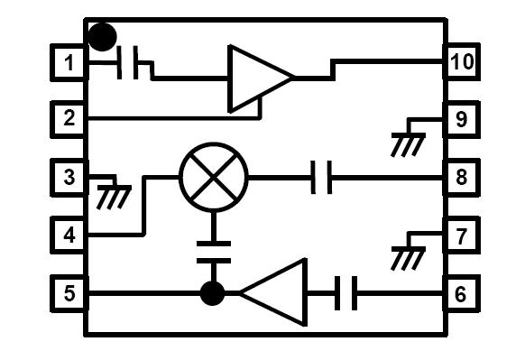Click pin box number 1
click(x=69, y=64)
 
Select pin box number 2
click(x=69, y=118)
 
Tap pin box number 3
click(x=69, y=177)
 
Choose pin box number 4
click(x=69, y=235)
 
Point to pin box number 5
click(x=69, y=292)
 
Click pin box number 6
click(x=461, y=292)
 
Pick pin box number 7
click(x=461, y=236)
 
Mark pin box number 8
click(x=461, y=177)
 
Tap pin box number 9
click(x=461, y=118)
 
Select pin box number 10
click(x=461, y=62)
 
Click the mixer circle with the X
click(x=214, y=177)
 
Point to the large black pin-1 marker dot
click(x=103, y=37)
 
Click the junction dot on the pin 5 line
click(x=212, y=293)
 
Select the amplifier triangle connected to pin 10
click(x=257, y=78)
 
